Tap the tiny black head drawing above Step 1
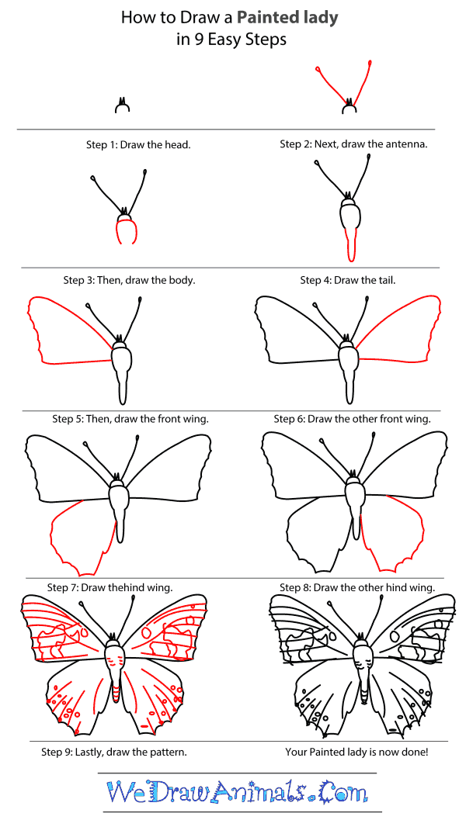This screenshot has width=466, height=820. click(121, 106)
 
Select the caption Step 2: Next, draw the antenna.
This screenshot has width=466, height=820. click(353, 144)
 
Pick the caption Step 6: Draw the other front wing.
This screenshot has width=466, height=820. click(352, 419)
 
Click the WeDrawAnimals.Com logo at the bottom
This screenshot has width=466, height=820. click(237, 793)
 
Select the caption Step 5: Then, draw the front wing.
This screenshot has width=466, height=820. click(130, 419)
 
